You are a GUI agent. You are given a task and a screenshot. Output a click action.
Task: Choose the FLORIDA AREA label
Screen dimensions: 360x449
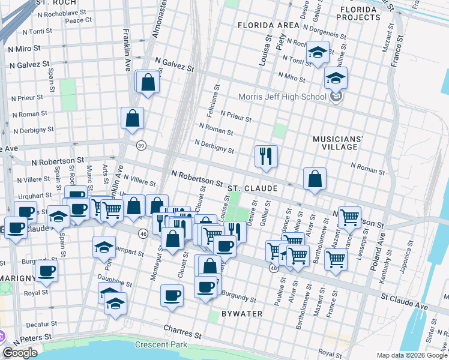pos(268,25)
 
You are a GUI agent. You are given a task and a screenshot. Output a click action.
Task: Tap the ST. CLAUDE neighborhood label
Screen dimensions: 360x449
pos(252,188)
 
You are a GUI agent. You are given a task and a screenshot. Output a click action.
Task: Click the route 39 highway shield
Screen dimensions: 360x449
pos(141,145)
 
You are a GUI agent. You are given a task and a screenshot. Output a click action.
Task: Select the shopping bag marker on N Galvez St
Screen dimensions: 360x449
pos(148,83)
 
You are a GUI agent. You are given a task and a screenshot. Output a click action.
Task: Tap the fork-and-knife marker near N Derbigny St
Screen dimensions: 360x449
pos(265,156)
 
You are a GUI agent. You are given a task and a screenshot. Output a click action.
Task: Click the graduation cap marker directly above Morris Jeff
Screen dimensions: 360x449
pos(336,77)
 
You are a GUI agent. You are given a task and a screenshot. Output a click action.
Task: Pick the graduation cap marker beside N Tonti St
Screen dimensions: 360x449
pos(316,52)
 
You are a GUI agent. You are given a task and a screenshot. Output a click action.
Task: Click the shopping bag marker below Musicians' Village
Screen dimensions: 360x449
pos(315,178)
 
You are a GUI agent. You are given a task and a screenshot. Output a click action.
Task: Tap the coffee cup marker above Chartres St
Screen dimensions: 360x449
pos(172,295)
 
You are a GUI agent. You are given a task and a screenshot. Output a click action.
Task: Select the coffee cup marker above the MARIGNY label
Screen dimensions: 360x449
pos(46,271)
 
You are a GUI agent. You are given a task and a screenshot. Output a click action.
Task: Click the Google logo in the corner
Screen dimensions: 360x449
pos(20,353)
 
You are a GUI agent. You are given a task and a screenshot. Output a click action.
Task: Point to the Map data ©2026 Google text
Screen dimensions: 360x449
pos(412,355)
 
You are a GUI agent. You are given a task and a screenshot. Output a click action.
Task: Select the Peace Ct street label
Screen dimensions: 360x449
pos(78,20)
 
